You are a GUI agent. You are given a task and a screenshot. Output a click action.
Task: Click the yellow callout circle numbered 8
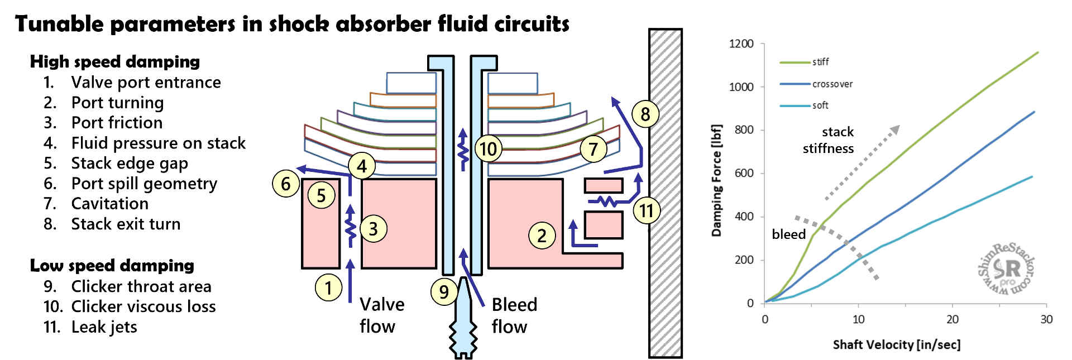[x=645, y=114]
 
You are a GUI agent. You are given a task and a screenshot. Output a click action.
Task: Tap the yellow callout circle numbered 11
[x=647, y=210]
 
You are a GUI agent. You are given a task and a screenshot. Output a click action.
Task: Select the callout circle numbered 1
[x=328, y=287]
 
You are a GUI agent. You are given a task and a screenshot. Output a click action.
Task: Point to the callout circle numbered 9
[x=444, y=291]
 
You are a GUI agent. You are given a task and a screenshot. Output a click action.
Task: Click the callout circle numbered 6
[x=286, y=183]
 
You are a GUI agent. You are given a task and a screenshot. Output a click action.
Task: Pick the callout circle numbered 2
[x=542, y=235]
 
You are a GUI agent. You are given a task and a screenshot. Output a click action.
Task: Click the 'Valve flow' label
[x=381, y=315]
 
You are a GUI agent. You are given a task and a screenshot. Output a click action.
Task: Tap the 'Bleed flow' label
[x=514, y=315]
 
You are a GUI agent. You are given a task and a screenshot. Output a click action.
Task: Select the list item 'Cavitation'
[x=109, y=204]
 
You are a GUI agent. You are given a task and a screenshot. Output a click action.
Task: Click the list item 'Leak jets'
[x=104, y=327]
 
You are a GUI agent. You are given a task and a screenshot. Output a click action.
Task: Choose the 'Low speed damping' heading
[x=112, y=265]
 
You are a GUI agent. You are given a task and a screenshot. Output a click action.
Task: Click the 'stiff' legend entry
[x=820, y=62]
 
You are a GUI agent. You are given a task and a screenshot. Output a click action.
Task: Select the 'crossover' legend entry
[x=832, y=84]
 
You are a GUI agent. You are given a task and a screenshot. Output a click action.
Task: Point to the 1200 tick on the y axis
[x=741, y=44]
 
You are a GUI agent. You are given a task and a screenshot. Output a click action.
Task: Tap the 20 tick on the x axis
[x=952, y=319]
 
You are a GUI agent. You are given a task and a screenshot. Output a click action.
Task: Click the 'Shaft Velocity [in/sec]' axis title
[x=896, y=344]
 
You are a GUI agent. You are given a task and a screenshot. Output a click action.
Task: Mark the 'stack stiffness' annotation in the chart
[x=829, y=140]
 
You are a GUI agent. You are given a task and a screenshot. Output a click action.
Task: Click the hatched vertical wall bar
[x=665, y=193]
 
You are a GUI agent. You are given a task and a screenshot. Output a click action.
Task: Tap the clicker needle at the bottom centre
[x=463, y=318]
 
